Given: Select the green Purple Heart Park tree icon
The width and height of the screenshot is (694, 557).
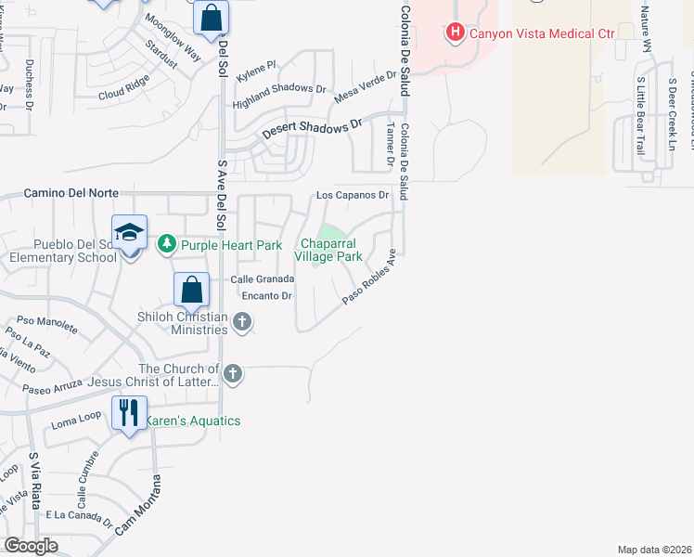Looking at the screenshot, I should point(167,244).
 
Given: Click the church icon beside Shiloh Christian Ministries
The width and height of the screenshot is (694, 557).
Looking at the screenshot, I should point(242,322).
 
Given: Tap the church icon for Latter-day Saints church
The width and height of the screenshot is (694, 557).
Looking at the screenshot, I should point(233,374).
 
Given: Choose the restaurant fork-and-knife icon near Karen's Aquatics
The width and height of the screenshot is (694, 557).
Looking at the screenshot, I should point(129,412).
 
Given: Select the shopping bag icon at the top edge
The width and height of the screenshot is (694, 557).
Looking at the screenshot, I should point(212,17).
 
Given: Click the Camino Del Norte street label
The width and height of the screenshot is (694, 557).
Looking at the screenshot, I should point(71,193).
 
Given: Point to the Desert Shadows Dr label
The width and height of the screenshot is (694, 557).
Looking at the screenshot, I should point(311,130).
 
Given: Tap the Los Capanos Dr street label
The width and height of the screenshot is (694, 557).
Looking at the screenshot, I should point(352,196).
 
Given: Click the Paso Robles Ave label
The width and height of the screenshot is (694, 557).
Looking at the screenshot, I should point(370,278).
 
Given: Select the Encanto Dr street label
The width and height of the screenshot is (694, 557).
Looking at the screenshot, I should point(267,296).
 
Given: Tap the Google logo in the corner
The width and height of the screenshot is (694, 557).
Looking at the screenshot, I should point(31,546).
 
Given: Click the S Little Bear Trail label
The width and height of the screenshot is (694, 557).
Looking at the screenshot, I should point(639,116).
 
